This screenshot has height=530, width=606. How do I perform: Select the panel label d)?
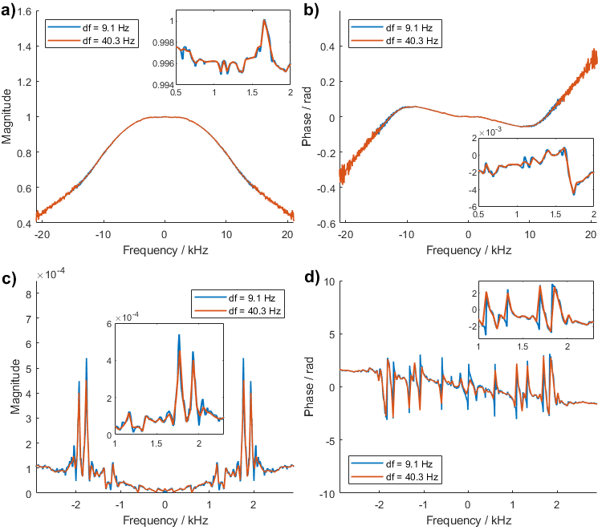tap(311, 279)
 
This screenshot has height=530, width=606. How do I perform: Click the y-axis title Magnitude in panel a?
tap(7, 116)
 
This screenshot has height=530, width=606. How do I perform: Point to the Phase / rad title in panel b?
tap(306, 116)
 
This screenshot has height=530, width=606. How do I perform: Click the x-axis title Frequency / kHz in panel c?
tap(165, 520)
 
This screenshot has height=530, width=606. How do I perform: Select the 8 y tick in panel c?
tap(27, 293)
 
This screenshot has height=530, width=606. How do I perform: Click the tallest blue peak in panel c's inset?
tap(178, 335)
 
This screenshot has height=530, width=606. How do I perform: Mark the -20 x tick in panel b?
tap(344, 233)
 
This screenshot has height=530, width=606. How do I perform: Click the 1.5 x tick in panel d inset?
tap(523, 346)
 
